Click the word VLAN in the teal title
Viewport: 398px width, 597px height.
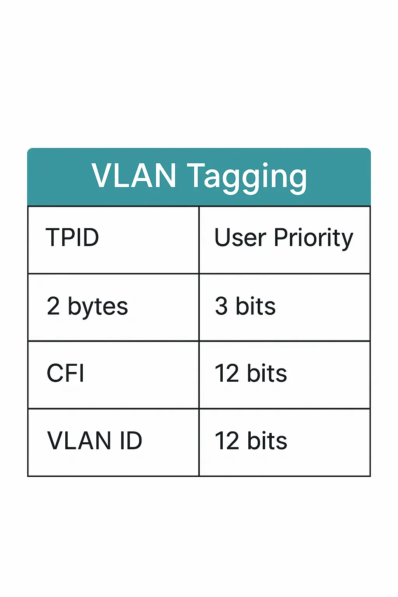134,176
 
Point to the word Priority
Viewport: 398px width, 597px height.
314,239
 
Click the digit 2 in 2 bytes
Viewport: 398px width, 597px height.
53,306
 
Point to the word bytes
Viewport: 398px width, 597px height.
98,307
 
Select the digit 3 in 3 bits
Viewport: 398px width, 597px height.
221,306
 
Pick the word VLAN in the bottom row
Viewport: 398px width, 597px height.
79,440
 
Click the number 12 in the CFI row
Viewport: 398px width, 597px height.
227,373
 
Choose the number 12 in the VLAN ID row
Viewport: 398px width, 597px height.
227,440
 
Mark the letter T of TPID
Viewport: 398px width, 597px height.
53,237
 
